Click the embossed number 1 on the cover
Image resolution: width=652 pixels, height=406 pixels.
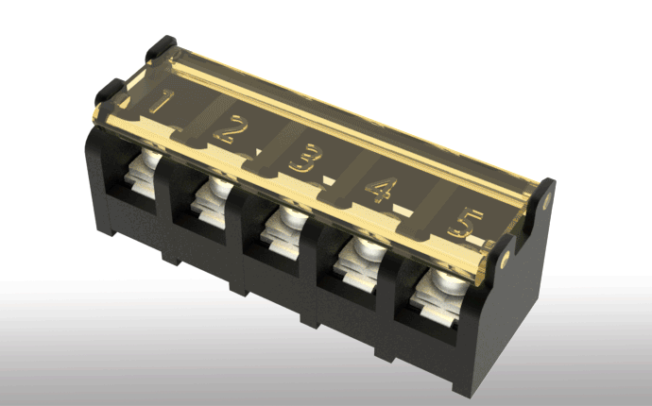pyautogui.click(x=163, y=101)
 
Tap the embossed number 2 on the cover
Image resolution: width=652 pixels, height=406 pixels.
pyautogui.click(x=231, y=129)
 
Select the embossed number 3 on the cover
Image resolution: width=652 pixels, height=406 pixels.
pyautogui.click(x=305, y=158)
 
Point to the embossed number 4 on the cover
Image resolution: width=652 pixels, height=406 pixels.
pyautogui.click(x=382, y=190)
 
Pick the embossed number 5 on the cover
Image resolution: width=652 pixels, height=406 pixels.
pyautogui.click(x=465, y=223)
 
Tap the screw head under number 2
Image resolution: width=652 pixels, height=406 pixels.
pyautogui.click(x=220, y=187)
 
